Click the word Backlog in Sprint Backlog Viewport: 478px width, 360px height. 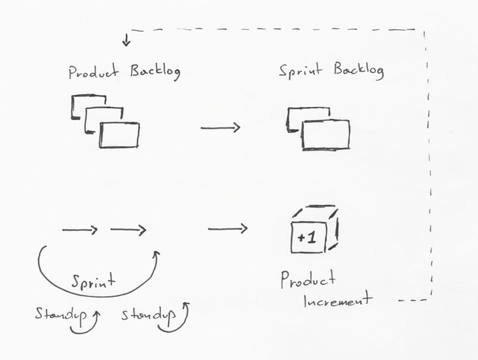click(x=358, y=71)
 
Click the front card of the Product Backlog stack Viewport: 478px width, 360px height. click(x=120, y=135)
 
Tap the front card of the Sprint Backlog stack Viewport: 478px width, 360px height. click(x=325, y=135)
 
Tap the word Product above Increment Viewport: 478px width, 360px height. click(x=308, y=280)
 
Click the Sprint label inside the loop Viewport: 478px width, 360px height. click(x=93, y=281)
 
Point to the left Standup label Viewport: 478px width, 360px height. click(x=60, y=314)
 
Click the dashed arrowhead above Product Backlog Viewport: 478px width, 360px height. click(x=126, y=45)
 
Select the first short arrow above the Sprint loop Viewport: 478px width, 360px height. click(x=80, y=230)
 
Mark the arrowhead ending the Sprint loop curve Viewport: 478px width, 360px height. click(x=158, y=253)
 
